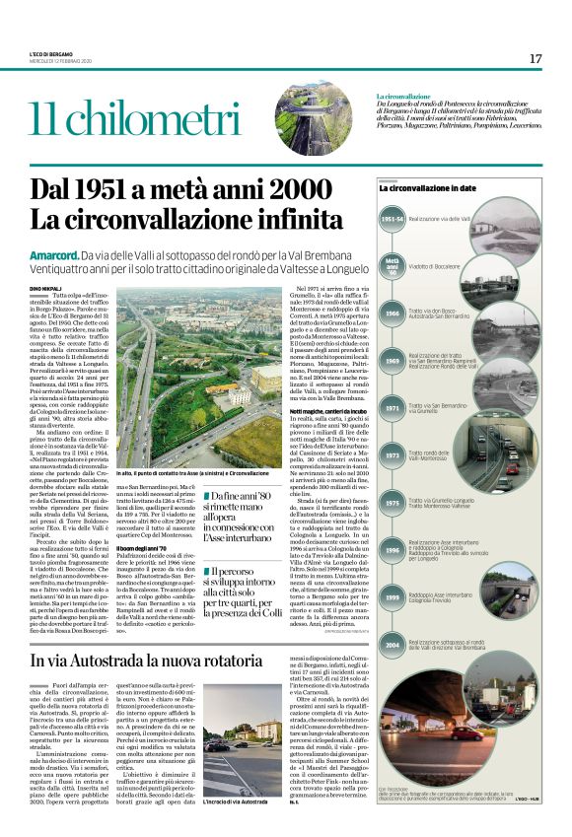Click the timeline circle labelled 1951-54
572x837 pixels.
click(392, 218)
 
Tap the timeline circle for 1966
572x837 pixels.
click(392, 313)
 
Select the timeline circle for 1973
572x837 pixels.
click(392, 454)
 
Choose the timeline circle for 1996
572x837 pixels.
click(392, 549)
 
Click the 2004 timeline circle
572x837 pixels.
click(392, 644)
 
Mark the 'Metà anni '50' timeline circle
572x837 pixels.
click(392, 265)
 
